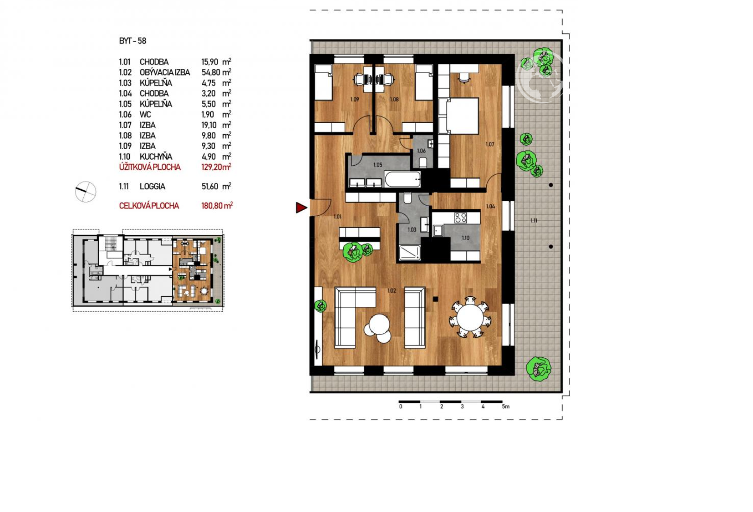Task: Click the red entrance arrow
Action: tap(301, 208)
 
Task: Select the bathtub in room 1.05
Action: tap(402, 180)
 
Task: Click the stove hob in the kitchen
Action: tap(460, 218)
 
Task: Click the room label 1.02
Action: tap(391, 291)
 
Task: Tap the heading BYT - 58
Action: tap(132, 41)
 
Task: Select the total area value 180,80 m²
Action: tap(217, 206)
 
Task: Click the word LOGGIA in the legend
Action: tap(152, 187)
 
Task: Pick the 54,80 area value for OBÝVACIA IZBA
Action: tap(211, 72)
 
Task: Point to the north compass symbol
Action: tap(85, 192)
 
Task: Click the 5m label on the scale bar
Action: tap(506, 407)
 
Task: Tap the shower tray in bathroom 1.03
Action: tap(410, 253)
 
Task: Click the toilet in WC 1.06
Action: tap(423, 162)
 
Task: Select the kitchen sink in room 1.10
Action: tap(438, 231)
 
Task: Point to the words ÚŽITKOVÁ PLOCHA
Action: tap(150, 167)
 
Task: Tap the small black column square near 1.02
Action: tap(436, 299)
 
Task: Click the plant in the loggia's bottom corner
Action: tap(539, 369)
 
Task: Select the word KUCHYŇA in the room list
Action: tap(156, 156)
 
